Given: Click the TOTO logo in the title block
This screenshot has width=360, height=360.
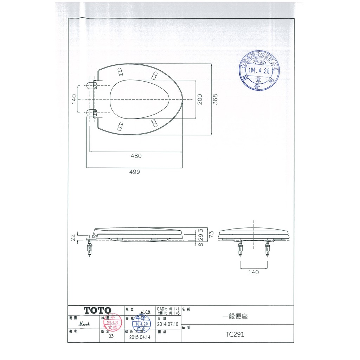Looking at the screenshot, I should point(97,310).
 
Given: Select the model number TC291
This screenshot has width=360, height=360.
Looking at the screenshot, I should point(236,334).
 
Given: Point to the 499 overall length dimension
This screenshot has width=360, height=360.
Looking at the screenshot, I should point(134,172).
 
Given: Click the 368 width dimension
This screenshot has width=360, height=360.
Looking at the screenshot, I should point(216,99).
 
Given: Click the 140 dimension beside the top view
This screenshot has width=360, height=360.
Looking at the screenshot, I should point(74,99).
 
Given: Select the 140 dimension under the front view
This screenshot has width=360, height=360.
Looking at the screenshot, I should point(253,272).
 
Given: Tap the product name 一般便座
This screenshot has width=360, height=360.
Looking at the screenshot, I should point(235,316).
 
